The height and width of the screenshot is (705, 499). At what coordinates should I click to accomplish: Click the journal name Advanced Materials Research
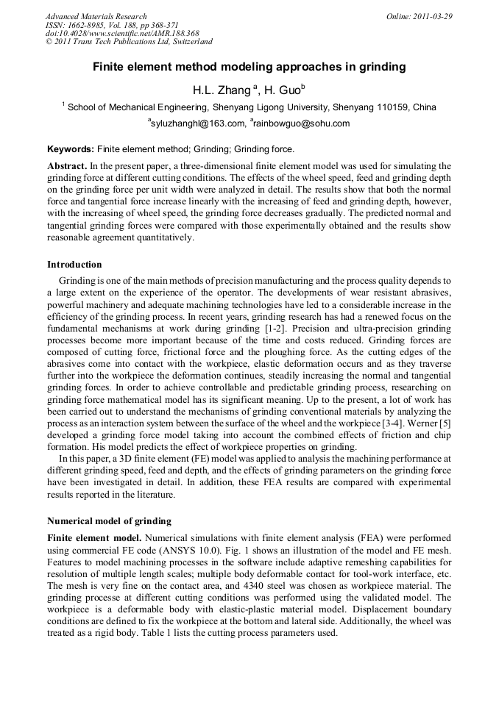click(96, 16)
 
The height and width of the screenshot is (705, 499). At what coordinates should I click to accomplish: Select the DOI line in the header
click(122, 34)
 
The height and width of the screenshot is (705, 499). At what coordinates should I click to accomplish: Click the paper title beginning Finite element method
click(249, 67)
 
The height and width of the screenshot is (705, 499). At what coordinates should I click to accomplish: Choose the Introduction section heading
click(74, 265)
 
